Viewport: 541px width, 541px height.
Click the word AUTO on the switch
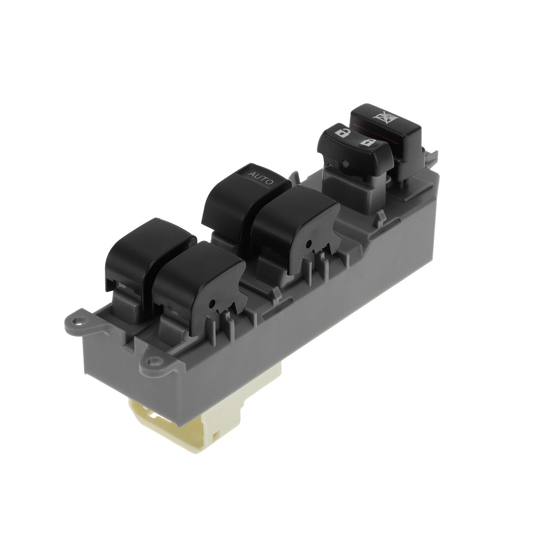[x=261, y=178]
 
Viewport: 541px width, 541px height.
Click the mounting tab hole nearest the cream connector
[x=154, y=361]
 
